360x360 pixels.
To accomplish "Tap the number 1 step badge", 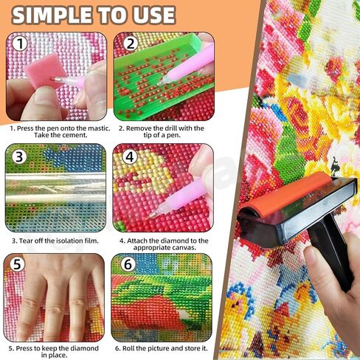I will tap(20, 44).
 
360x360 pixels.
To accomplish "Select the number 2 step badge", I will tap(131, 44).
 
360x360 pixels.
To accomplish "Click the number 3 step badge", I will tap(20, 156).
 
